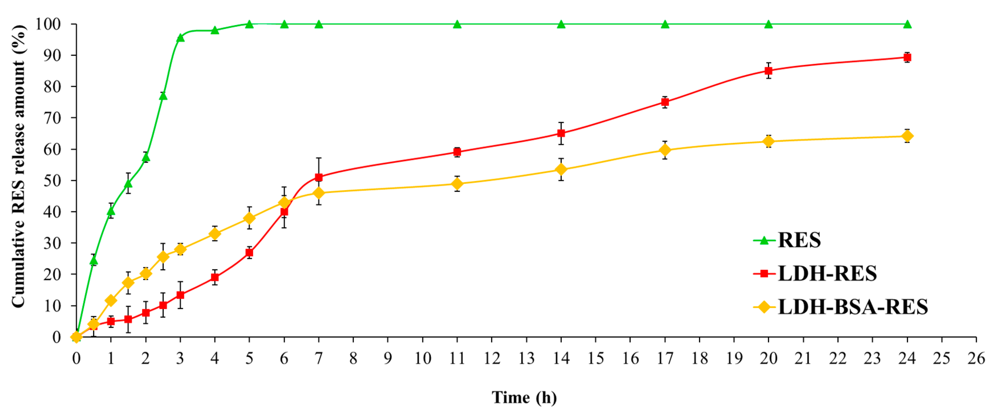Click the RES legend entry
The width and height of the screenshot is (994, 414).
tap(799, 240)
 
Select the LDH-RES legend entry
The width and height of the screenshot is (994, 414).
tap(827, 274)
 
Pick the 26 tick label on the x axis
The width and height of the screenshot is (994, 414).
tap(976, 359)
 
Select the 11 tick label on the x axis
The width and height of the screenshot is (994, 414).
tap(457, 359)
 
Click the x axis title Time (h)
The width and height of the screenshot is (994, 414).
tap(524, 397)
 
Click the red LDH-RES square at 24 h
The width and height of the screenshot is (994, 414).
tap(907, 57)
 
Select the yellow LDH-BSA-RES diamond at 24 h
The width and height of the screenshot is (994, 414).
tap(907, 136)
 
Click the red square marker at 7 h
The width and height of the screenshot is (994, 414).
tap(319, 177)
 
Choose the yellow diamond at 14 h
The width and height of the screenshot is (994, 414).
tap(561, 170)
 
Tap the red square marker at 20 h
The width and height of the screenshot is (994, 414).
tap(768, 71)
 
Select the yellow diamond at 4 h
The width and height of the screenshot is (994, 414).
tap(214, 234)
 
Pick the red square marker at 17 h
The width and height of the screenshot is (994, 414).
tap(665, 102)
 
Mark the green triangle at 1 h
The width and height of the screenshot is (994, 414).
tap(111, 211)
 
